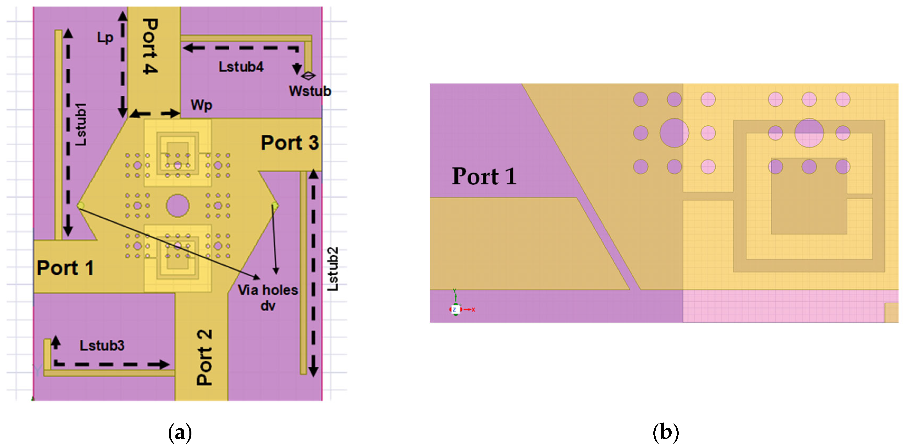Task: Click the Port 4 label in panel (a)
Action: coord(150,46)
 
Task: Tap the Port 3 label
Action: coord(290,143)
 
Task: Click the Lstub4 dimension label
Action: coord(241,67)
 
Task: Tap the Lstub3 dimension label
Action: coord(102,346)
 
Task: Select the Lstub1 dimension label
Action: coord(81,125)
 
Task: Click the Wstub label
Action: coord(310,91)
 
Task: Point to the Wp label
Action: coord(202,105)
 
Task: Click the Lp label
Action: coord(105,38)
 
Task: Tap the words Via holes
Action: coord(268,290)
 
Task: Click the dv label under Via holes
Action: coord(268,306)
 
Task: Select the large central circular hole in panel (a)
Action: coord(178,206)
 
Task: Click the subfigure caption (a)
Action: coord(180,432)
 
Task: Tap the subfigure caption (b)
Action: coord(665,432)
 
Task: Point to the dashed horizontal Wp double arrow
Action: coord(155,113)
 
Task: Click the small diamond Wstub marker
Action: coord(308,75)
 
